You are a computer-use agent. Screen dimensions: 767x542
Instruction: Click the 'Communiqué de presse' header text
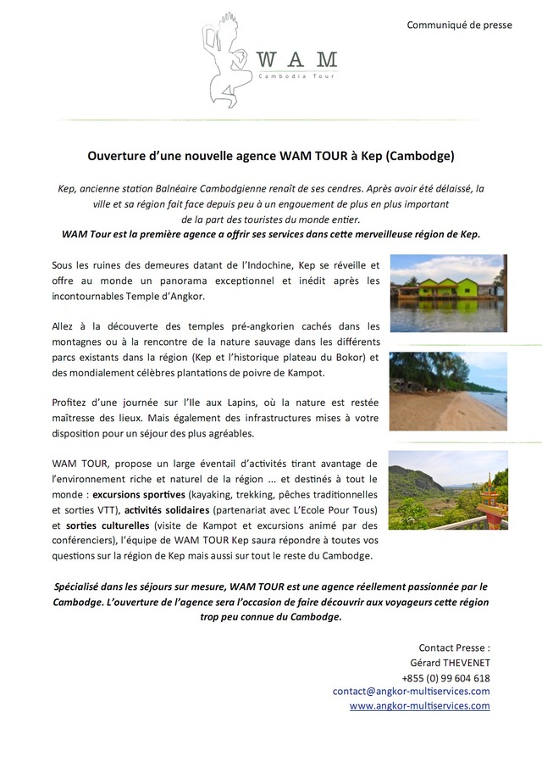coord(459,25)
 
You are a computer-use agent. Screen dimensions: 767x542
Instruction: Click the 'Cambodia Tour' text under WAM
coord(297,76)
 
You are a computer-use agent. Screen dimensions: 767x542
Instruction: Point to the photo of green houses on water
coord(448,292)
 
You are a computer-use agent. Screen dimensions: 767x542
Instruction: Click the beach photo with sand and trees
coord(448,392)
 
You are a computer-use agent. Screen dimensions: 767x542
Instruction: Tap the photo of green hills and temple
coord(448,490)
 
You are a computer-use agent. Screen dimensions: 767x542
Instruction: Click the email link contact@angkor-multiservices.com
coord(411,692)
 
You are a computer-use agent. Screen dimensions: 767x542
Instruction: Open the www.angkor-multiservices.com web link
coord(419,705)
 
